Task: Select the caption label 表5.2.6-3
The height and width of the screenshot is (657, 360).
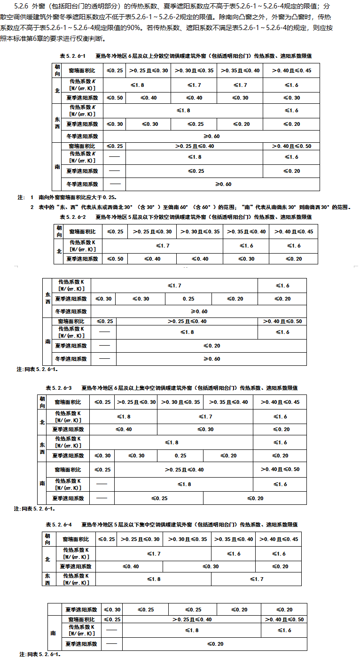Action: point(58,388)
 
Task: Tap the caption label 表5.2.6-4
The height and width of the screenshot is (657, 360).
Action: point(58,525)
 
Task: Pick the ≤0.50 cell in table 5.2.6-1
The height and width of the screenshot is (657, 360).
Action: point(114,98)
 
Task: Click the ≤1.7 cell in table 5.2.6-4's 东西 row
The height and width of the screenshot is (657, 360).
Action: point(257,579)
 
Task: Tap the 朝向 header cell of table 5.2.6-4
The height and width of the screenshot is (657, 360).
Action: point(47,539)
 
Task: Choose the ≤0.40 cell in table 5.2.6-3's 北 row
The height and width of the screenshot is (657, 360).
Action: point(124,429)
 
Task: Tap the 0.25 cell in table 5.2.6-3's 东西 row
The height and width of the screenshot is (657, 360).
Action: point(180,456)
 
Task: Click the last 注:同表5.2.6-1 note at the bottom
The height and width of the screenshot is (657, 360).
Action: point(39,654)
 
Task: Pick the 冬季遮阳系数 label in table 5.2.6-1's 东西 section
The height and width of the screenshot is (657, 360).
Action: point(82,136)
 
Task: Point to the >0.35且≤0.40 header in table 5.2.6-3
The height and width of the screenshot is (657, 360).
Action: point(228,402)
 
